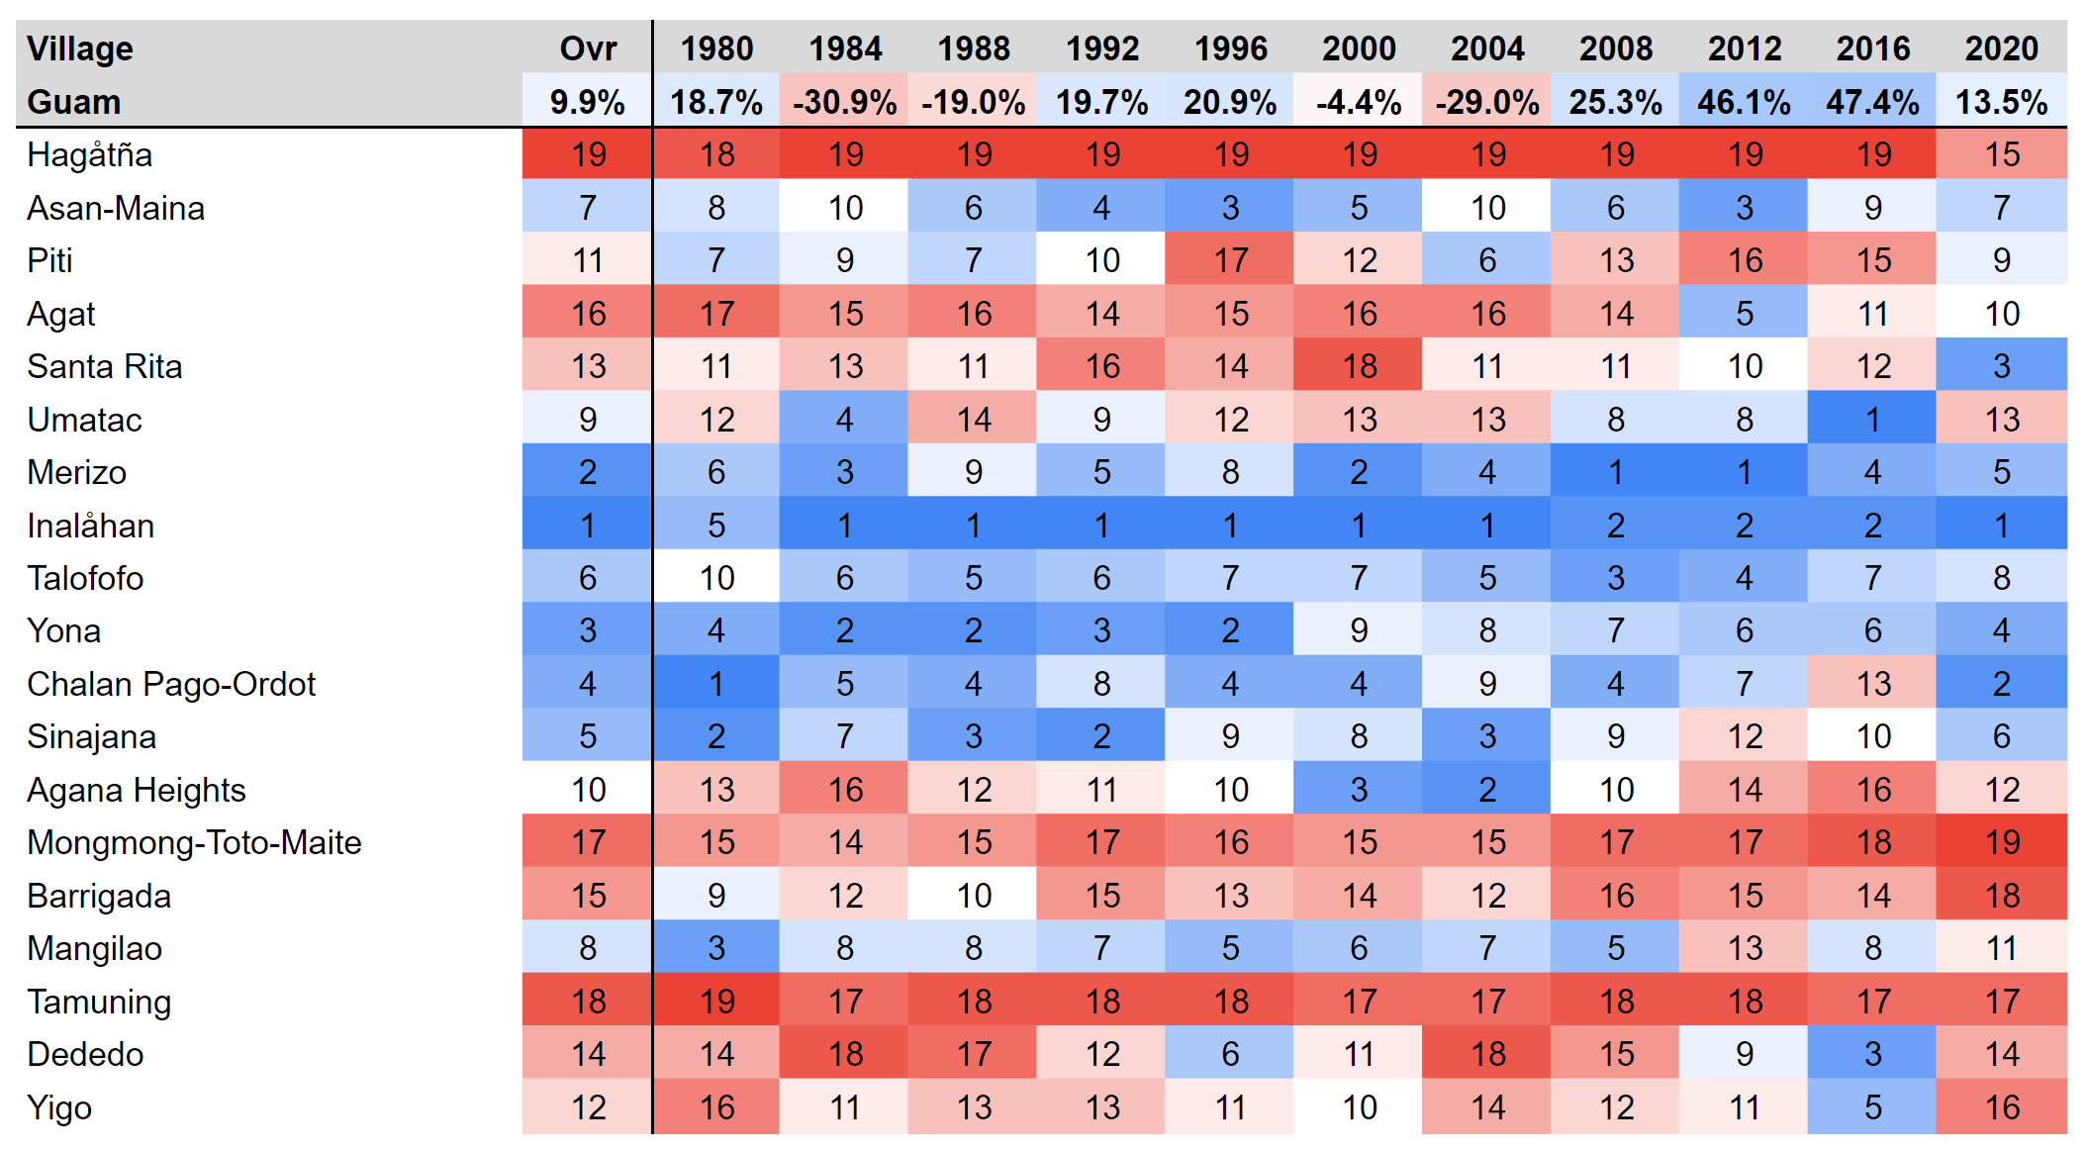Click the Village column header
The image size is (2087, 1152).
point(79,48)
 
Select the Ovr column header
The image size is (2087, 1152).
point(588,48)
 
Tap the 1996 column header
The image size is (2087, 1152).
point(1230,48)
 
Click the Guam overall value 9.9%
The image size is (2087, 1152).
point(588,102)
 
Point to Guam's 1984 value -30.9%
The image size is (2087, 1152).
point(844,102)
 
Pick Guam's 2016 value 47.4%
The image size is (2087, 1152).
point(1872,102)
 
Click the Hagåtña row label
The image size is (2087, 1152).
point(89,154)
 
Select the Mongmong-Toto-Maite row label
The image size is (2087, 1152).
point(194,842)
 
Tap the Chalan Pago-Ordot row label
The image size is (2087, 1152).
point(171,684)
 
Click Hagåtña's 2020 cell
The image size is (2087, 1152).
point(2001,154)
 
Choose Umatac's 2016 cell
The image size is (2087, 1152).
point(1872,420)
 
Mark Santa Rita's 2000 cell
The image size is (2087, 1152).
point(1359,366)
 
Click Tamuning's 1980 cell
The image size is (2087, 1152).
point(716,1002)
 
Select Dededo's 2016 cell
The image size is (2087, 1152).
point(1872,1054)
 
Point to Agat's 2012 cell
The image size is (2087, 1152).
point(1744,314)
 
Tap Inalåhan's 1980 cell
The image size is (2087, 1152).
point(716,526)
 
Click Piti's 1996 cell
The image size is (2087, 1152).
point(1230,260)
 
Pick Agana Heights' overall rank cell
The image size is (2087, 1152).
point(588,790)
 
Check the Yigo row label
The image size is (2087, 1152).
point(59,1107)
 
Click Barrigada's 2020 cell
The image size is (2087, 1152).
point(2001,896)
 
